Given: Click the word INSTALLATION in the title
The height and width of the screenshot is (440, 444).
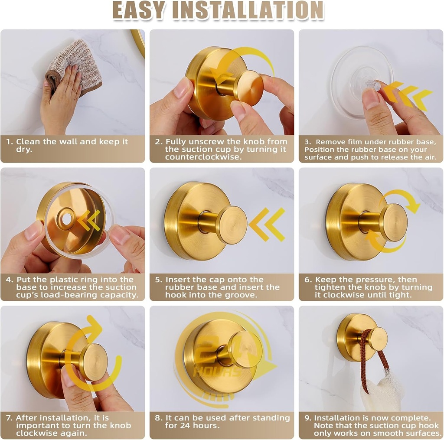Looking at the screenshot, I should coord(248,10).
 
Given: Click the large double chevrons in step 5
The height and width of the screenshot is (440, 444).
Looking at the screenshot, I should coord(267,225).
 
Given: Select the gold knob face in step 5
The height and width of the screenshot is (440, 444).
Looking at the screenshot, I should coord(232,225).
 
